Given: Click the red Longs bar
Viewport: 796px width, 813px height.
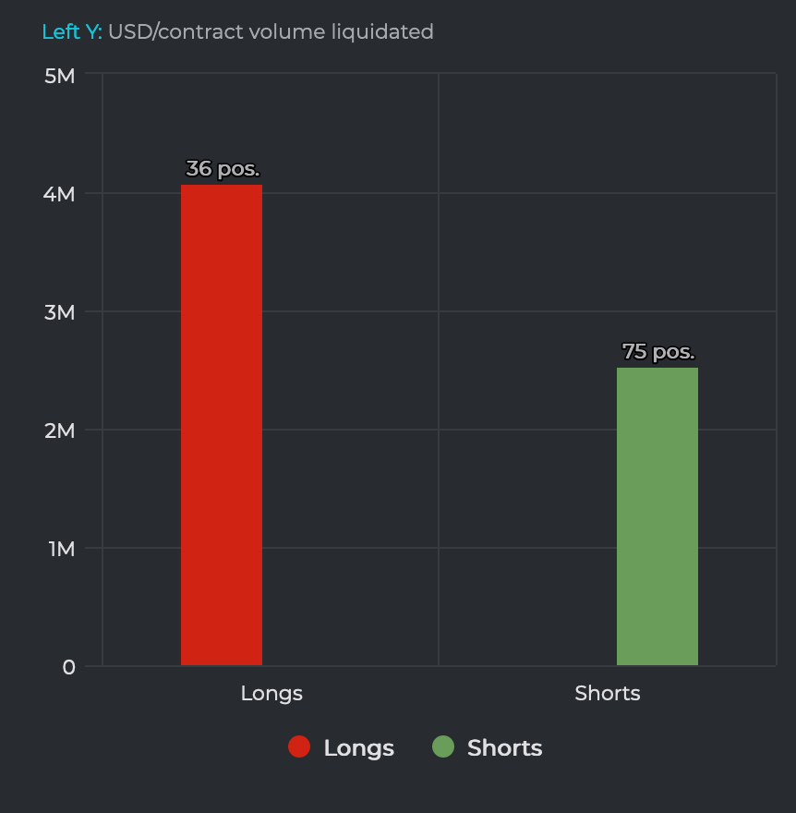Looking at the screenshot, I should click(222, 425).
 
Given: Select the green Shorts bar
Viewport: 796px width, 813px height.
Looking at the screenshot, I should click(657, 516).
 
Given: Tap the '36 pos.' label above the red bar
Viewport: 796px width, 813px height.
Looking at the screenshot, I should click(223, 169).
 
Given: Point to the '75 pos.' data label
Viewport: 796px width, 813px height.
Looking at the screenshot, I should click(658, 352).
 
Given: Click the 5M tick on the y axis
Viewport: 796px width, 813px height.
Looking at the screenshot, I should click(60, 76).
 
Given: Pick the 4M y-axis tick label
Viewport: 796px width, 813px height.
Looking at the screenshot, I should click(60, 194).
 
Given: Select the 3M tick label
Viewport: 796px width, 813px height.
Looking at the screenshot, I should click(60, 312).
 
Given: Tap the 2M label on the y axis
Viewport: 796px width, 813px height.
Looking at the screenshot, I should click(60, 431).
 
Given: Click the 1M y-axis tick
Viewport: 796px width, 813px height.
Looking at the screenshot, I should click(60, 549).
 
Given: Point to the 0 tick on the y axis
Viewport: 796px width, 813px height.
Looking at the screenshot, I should click(69, 667).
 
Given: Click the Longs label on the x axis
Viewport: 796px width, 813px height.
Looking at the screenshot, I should click(271, 693).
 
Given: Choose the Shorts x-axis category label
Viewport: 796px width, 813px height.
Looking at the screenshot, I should click(608, 693).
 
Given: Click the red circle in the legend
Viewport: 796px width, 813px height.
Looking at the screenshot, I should click(299, 747).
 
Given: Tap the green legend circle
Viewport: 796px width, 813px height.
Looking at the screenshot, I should click(443, 747).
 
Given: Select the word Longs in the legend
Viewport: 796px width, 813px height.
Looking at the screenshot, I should click(358, 748).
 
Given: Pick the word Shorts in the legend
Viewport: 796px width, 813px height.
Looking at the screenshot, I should click(504, 748).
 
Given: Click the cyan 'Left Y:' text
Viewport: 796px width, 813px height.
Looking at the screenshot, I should click(72, 32).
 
